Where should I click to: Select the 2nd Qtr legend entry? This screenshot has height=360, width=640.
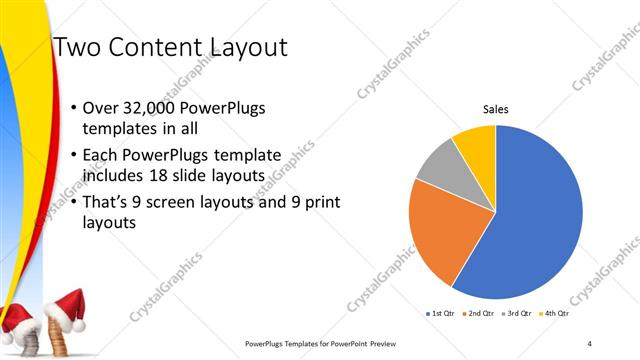pos(476,314)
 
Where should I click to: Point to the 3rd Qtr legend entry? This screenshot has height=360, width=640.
pos(516,314)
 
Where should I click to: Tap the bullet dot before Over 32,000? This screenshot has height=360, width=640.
pos(74,108)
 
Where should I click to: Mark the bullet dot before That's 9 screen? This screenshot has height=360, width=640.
pos(74,203)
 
